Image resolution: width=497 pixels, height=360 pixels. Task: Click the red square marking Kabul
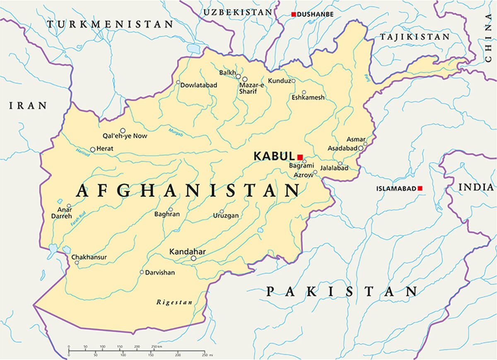(300, 157)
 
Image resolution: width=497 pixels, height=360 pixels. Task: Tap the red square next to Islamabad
(420, 188)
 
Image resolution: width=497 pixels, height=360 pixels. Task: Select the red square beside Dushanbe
(294, 14)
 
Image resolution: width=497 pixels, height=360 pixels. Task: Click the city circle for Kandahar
(193, 258)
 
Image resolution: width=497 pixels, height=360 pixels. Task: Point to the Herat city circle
(93, 149)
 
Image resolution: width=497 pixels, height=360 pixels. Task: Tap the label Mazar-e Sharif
(251, 88)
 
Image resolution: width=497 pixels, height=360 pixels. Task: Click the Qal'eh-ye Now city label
(125, 136)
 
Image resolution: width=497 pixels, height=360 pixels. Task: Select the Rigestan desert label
(174, 302)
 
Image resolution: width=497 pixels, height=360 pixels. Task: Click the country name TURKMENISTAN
(110, 24)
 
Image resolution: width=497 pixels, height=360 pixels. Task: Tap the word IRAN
(28, 106)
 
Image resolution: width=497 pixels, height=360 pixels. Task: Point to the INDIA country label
(476, 187)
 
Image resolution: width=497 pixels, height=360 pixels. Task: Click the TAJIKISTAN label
(415, 37)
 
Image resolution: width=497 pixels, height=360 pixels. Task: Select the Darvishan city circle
(142, 272)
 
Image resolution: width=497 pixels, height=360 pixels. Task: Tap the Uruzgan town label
(226, 216)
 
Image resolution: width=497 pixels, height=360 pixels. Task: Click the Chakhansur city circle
(76, 262)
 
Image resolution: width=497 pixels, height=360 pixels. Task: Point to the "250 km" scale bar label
(156, 346)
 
